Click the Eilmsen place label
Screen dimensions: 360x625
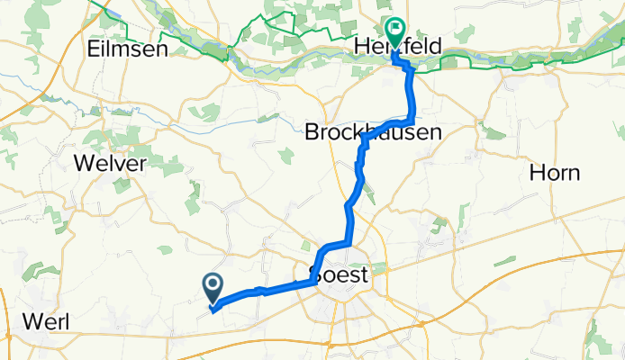[x=129, y=50]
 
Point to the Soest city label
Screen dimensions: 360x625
[x=339, y=274]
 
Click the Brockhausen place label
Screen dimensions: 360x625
[x=373, y=132]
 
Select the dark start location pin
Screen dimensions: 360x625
[x=213, y=287]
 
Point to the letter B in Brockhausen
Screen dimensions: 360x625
[x=312, y=132]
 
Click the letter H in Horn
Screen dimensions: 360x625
[x=538, y=172]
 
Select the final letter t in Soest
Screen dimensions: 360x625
[x=364, y=274]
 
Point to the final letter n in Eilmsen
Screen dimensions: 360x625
[x=162, y=50]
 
